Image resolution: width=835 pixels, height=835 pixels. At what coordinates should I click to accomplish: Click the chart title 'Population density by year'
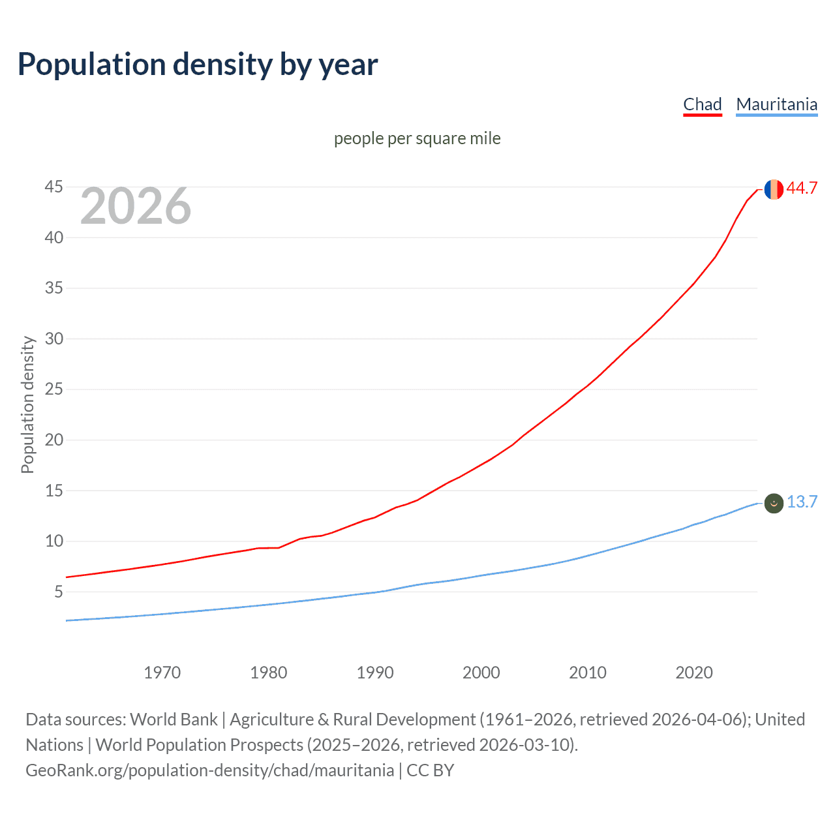198,65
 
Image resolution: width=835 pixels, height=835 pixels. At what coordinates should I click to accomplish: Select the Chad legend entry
702,104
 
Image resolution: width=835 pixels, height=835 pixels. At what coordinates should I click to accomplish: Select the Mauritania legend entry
776,104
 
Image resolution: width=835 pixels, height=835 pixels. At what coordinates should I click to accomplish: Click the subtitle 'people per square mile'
417,138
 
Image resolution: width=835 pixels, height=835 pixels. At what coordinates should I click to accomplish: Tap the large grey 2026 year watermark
136,206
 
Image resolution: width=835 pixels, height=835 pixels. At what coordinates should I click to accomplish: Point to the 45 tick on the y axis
53,187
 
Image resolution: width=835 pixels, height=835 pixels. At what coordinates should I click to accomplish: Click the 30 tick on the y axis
53,339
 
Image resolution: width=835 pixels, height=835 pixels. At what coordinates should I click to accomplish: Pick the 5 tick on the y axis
58,592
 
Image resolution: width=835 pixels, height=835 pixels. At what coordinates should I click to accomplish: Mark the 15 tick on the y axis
53,491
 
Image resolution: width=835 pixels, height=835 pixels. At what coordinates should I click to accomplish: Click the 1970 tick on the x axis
162,673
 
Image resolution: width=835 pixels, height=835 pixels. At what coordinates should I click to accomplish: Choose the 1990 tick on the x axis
375,673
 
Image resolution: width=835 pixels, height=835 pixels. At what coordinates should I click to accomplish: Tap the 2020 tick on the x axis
694,673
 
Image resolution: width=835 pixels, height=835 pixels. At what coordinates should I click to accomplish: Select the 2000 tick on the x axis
481,673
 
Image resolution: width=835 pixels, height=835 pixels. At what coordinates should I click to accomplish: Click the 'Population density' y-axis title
27,404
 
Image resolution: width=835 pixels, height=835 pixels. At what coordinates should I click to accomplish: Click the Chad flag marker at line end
774,189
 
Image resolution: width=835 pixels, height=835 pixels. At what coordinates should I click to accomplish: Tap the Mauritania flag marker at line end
774,503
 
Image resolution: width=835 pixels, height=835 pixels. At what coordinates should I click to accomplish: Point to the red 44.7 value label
802,188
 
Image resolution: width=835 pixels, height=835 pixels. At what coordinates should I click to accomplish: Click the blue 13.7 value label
802,502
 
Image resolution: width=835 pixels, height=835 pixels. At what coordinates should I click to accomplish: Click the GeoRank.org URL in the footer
209,770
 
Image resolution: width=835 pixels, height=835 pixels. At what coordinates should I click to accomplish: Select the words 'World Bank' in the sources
174,720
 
